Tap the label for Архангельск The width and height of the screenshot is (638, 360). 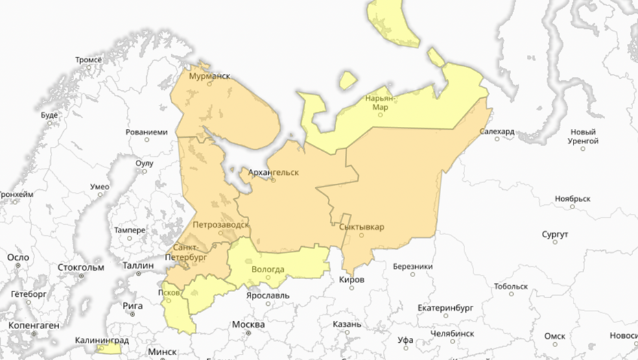[273, 171]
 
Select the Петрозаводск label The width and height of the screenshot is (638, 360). [221, 224]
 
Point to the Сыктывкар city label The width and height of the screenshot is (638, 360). [362, 227]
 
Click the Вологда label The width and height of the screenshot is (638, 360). [268, 269]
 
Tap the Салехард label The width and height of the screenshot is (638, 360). [497, 130]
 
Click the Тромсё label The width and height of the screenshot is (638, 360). [88, 60]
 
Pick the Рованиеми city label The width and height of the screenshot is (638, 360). [147, 132]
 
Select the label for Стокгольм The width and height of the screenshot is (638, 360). [81, 267]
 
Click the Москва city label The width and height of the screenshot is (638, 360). [248, 324]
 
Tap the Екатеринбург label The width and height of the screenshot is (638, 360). [445, 307]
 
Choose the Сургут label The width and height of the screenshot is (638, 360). [555, 235]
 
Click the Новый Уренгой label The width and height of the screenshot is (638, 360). [583, 136]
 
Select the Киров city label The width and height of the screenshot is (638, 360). [352, 280]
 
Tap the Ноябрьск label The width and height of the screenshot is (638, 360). [573, 198]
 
